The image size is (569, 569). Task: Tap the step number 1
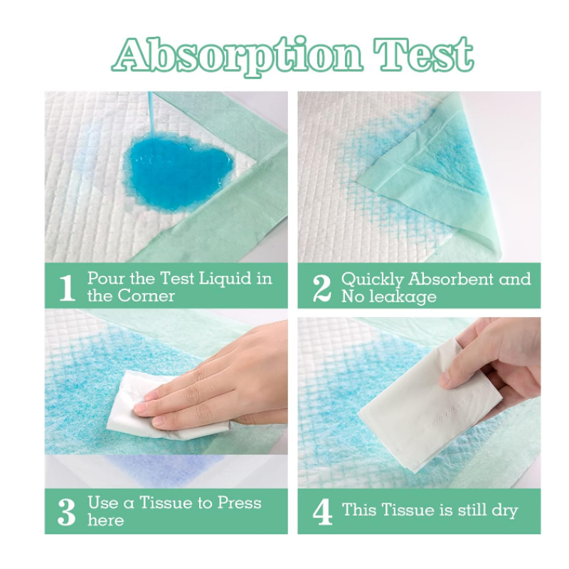(67, 287)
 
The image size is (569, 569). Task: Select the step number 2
(322, 287)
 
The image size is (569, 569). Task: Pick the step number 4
(322, 511)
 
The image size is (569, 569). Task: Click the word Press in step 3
(238, 503)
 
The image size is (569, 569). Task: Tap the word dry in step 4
(502, 510)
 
